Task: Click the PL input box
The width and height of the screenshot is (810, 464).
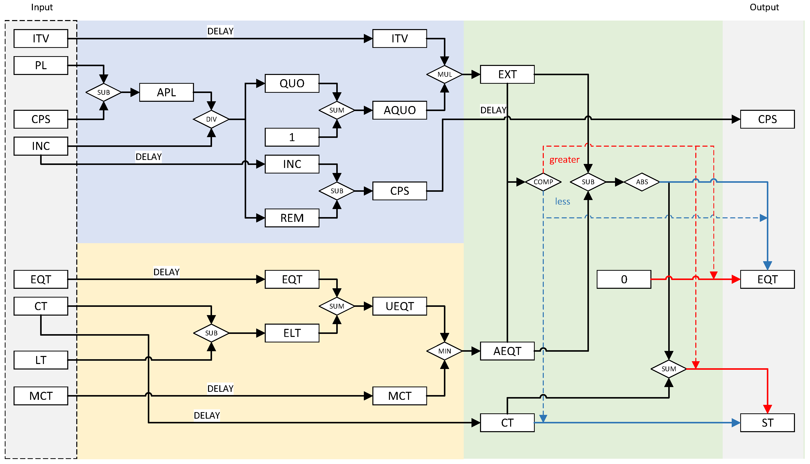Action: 41,65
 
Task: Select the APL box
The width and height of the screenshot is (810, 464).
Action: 166,92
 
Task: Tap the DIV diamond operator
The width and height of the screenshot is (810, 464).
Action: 211,119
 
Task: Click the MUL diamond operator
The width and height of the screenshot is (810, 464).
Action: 445,74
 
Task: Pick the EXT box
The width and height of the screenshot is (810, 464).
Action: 507,74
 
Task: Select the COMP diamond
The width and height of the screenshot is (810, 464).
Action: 543,182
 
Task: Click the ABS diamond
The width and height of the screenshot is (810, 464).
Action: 642,182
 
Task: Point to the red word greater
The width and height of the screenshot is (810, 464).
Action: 564,160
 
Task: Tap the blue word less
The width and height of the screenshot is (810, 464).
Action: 562,201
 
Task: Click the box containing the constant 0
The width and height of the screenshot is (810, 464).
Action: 624,280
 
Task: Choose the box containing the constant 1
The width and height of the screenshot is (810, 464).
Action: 292,137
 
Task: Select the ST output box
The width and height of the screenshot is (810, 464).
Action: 767,423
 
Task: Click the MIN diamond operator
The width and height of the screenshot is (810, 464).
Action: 445,351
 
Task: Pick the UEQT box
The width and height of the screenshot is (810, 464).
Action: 399,306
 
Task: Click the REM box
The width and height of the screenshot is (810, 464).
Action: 292,218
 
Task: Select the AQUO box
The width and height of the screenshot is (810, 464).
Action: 399,110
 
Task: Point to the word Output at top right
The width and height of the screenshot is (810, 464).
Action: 764,7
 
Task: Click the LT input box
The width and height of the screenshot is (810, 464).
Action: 41,360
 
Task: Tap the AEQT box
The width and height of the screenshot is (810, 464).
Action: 507,351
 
